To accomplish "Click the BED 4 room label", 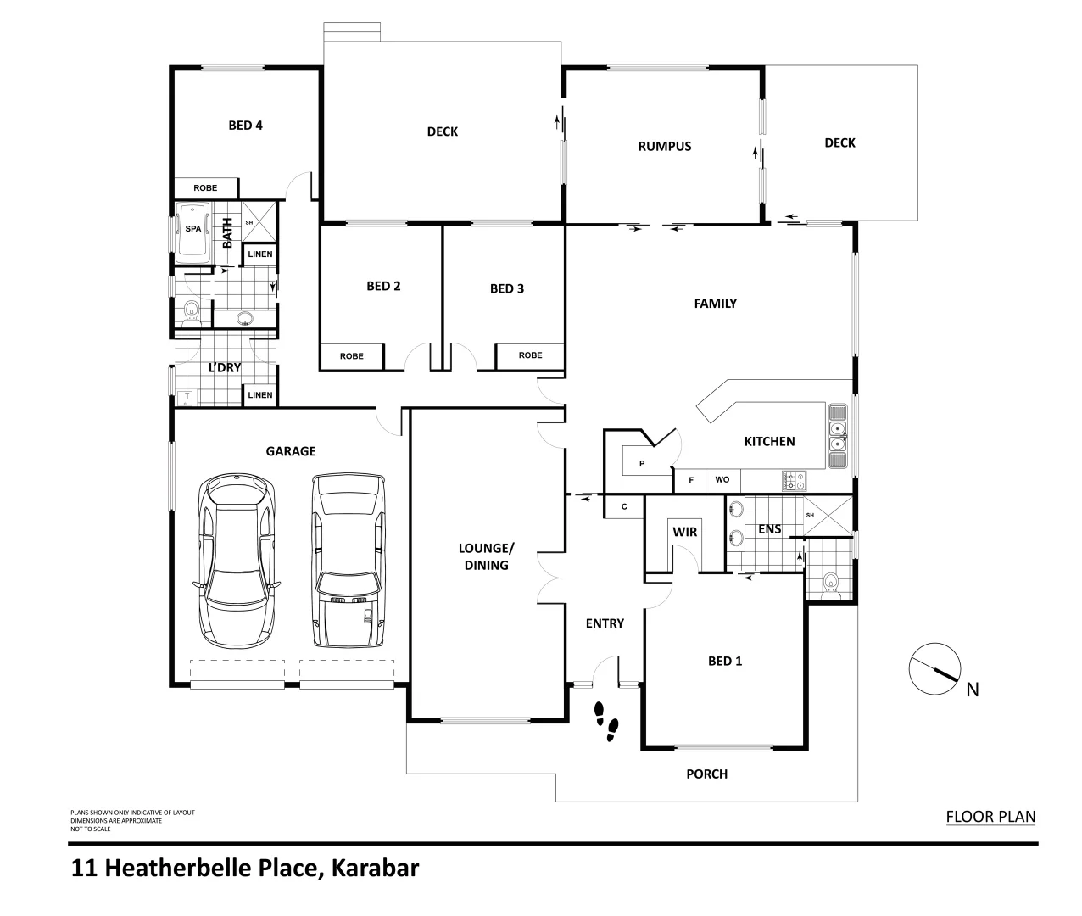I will (x=245, y=126).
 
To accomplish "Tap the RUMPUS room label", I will (x=664, y=146).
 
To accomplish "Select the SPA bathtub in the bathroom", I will (x=193, y=231).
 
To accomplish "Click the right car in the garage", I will (x=349, y=561).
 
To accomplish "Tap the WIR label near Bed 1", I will (x=684, y=532).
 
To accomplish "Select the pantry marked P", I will (x=642, y=463).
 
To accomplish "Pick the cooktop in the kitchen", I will (x=795, y=481).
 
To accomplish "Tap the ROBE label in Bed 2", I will (x=351, y=356).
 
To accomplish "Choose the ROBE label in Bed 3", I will (x=530, y=355).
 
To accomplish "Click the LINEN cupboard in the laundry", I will (x=260, y=395).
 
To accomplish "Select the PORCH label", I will (x=706, y=774).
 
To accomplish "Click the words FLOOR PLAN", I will (x=990, y=817).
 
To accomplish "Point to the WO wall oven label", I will (x=722, y=480).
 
